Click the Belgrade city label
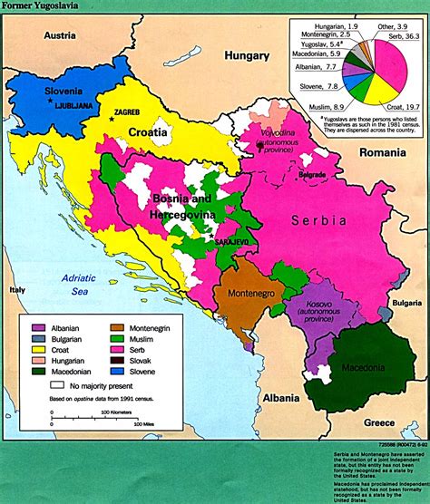tap(314, 173)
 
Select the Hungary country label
tap(247, 55)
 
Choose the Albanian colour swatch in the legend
tap(40, 327)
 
